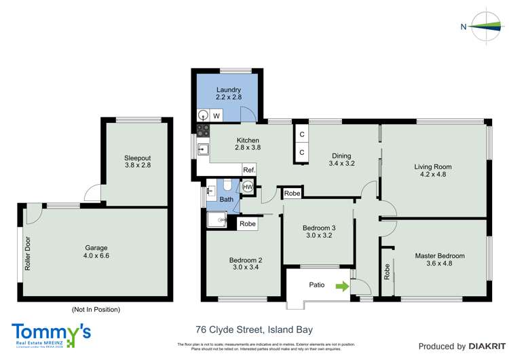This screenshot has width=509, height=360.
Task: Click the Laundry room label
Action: pyautogui.click(x=229, y=90)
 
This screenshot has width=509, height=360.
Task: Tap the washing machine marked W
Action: pyautogui.click(x=216, y=116)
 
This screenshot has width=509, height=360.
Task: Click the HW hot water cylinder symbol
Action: pyautogui.click(x=248, y=187)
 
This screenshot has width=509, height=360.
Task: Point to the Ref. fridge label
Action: pyautogui.click(x=249, y=170)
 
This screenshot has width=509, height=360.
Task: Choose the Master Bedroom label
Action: pyautogui.click(x=440, y=256)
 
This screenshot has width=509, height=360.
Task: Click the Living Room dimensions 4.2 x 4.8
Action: pyautogui.click(x=433, y=175)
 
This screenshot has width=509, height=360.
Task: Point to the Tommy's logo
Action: pyautogui.click(x=51, y=333)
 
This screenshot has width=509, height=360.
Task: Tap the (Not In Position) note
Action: pyautogui.click(x=95, y=310)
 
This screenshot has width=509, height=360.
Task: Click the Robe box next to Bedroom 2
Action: pyautogui.click(x=248, y=223)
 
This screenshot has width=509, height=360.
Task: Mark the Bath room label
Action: pyautogui.click(x=226, y=200)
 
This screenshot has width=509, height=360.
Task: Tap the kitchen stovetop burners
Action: pyautogui.click(x=202, y=129)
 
